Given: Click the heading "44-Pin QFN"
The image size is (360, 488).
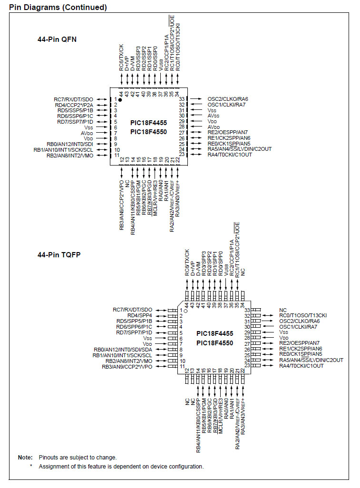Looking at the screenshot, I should click(x=57, y=39).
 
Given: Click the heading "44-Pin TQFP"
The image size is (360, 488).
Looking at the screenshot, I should click(x=59, y=254).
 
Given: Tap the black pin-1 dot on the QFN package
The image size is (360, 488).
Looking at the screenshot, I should click(x=120, y=100).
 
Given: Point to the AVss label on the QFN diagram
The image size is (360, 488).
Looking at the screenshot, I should click(x=214, y=116).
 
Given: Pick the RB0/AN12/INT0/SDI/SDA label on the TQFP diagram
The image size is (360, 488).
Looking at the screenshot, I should click(x=123, y=349).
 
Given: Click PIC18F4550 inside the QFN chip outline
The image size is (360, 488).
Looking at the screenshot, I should click(x=149, y=132).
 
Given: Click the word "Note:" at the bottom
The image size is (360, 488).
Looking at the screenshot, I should click(x=25, y=457).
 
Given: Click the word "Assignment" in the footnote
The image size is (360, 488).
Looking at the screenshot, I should click(x=54, y=466).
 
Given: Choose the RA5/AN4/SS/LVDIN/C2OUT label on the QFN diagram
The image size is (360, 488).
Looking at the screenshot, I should click(x=239, y=149).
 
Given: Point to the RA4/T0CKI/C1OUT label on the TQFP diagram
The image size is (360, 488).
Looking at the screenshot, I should click(x=302, y=366).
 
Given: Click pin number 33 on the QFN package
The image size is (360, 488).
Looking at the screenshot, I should click(x=181, y=99).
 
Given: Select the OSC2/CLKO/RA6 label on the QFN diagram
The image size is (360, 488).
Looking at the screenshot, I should click(x=228, y=99).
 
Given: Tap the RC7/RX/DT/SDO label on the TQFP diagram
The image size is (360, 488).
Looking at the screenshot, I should click(x=133, y=310).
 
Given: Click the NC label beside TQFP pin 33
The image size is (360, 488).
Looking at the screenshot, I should click(x=283, y=310).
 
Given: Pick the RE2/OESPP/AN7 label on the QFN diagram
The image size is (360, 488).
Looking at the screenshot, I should click(x=228, y=132).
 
